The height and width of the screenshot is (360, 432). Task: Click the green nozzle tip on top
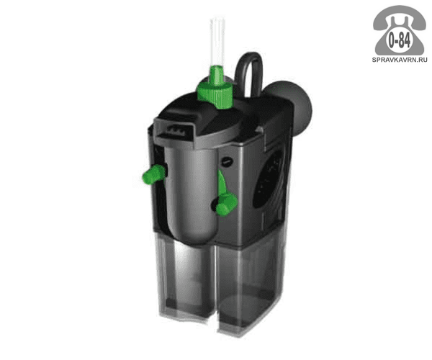click(x=217, y=73)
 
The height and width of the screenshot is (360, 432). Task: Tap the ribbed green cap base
click(x=215, y=94)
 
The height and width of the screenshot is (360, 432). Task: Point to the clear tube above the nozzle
click(x=217, y=42)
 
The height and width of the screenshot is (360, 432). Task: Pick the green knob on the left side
click(x=153, y=174)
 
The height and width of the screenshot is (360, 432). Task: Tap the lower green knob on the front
click(x=227, y=204)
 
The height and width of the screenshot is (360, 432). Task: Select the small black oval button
click(x=228, y=160)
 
